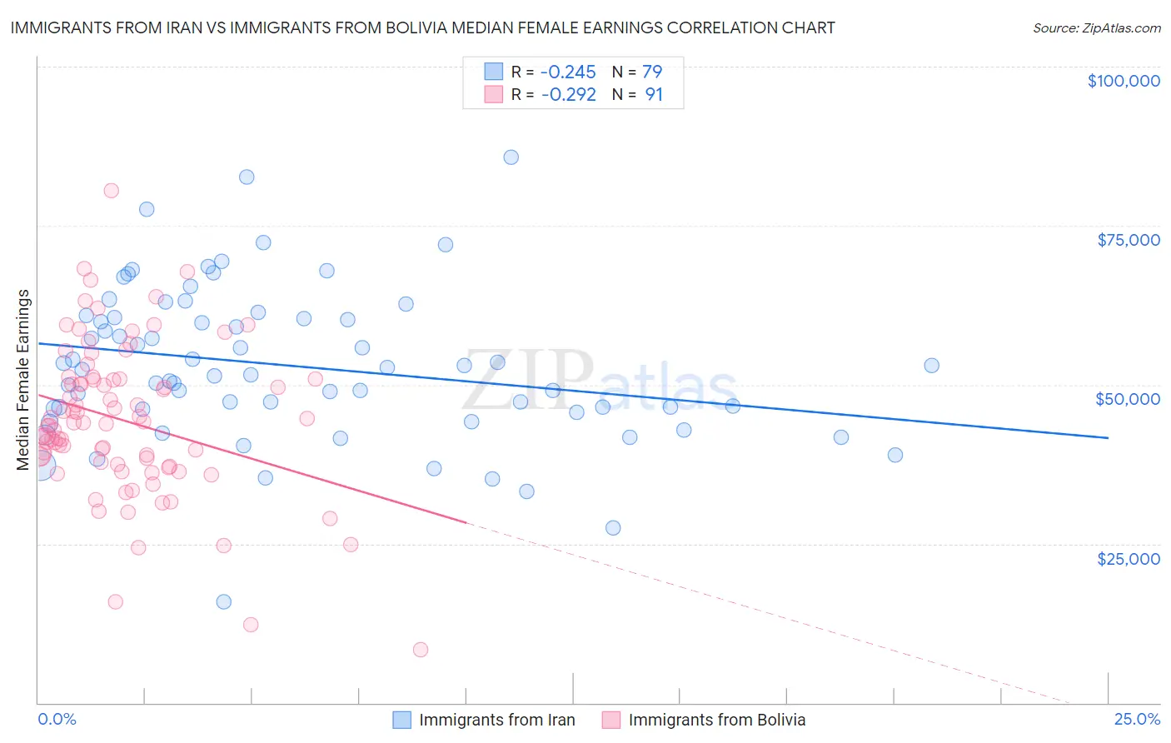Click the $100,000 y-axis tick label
pyautogui.click(x=1123, y=81)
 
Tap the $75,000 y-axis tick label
pyautogui.click(x=1128, y=240)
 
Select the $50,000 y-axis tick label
pyautogui.click(x=1127, y=399)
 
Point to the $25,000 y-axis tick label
pyautogui.click(x=1128, y=558)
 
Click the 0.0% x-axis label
pyautogui.click(x=57, y=720)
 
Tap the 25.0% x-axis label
pyautogui.click(x=1137, y=720)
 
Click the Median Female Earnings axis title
pyautogui.click(x=23, y=380)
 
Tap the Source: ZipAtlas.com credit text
pyautogui.click(x=1096, y=27)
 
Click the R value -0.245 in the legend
pyautogui.click(x=568, y=72)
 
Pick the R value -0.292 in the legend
pyautogui.click(x=568, y=95)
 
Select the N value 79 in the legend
pyautogui.click(x=652, y=72)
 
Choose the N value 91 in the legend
pyautogui.click(x=654, y=95)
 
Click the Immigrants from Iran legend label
pyautogui.click(x=496, y=720)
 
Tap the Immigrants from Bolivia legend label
pyautogui.click(x=716, y=720)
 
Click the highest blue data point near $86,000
pyautogui.click(x=511, y=157)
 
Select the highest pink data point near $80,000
pyautogui.click(x=111, y=191)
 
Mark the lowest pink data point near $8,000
pyautogui.click(x=421, y=650)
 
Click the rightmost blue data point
pyautogui.click(x=931, y=366)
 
